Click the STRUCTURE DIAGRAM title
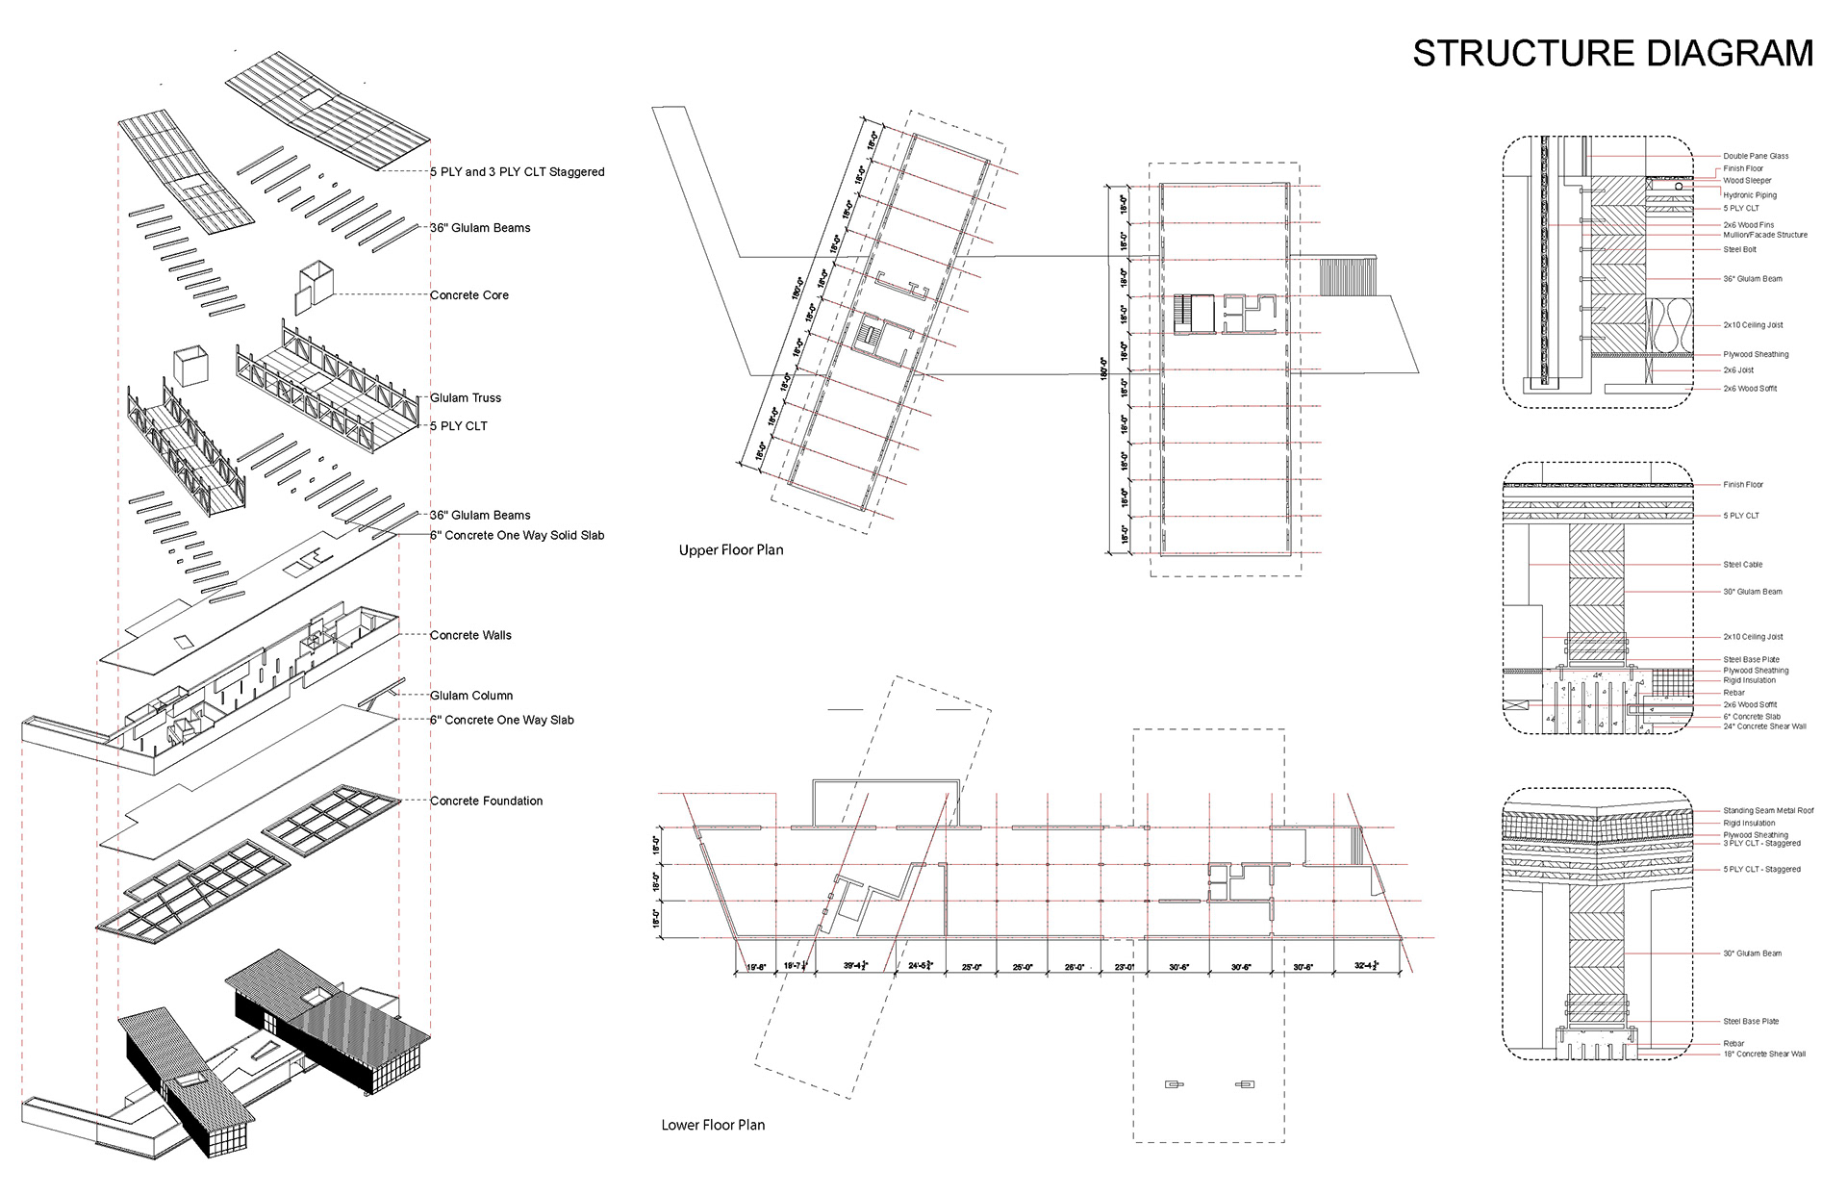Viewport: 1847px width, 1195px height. [x=1612, y=54]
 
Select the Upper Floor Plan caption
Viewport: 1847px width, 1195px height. [x=731, y=550]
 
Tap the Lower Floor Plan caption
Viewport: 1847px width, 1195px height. [x=713, y=1125]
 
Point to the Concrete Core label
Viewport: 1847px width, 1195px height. [x=469, y=295]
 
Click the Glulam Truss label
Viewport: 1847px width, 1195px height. [x=466, y=398]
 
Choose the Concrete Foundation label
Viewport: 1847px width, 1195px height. [x=487, y=801]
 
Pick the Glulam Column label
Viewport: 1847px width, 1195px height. [x=471, y=696]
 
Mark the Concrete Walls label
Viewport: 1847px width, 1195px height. [x=470, y=636]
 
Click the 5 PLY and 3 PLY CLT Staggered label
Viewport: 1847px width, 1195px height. [x=518, y=172]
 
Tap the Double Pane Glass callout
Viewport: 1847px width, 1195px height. [x=1756, y=156]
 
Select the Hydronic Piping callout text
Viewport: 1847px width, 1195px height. [x=1750, y=195]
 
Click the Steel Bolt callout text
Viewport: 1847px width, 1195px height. [x=1739, y=250]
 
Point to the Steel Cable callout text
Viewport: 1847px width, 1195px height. [x=1742, y=565]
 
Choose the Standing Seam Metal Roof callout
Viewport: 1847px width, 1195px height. [x=1768, y=811]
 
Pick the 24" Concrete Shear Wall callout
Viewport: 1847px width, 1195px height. [x=1764, y=726]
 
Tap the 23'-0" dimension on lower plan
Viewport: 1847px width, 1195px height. [x=1124, y=967]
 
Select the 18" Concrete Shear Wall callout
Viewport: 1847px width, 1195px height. [x=1764, y=1055]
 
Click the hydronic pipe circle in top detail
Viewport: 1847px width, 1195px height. [x=1679, y=186]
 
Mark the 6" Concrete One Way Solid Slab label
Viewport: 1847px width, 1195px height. [x=518, y=536]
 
